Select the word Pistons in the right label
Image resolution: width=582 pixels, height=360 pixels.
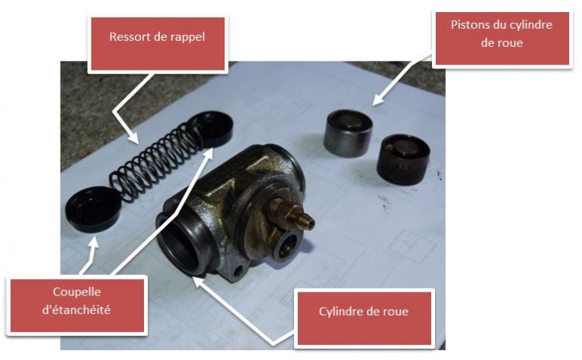tap(469, 25)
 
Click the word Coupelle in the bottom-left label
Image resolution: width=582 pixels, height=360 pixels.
tap(77, 292)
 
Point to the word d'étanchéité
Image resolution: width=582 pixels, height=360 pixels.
tap(77, 309)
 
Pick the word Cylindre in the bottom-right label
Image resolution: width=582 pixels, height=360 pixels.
tap(341, 311)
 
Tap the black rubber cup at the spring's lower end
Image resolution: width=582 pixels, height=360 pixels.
tap(92, 210)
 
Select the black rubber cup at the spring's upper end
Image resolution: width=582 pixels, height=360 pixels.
tap(211, 128)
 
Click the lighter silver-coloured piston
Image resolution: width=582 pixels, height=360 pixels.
tap(348, 133)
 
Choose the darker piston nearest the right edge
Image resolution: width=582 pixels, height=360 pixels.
tap(403, 159)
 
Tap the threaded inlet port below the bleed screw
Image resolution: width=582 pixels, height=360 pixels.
tap(288, 246)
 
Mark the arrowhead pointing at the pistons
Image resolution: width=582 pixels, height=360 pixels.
tap(378, 99)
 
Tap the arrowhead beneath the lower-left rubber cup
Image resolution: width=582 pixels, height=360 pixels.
tap(94, 243)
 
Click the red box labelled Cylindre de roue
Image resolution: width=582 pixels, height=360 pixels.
tap(364, 318)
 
